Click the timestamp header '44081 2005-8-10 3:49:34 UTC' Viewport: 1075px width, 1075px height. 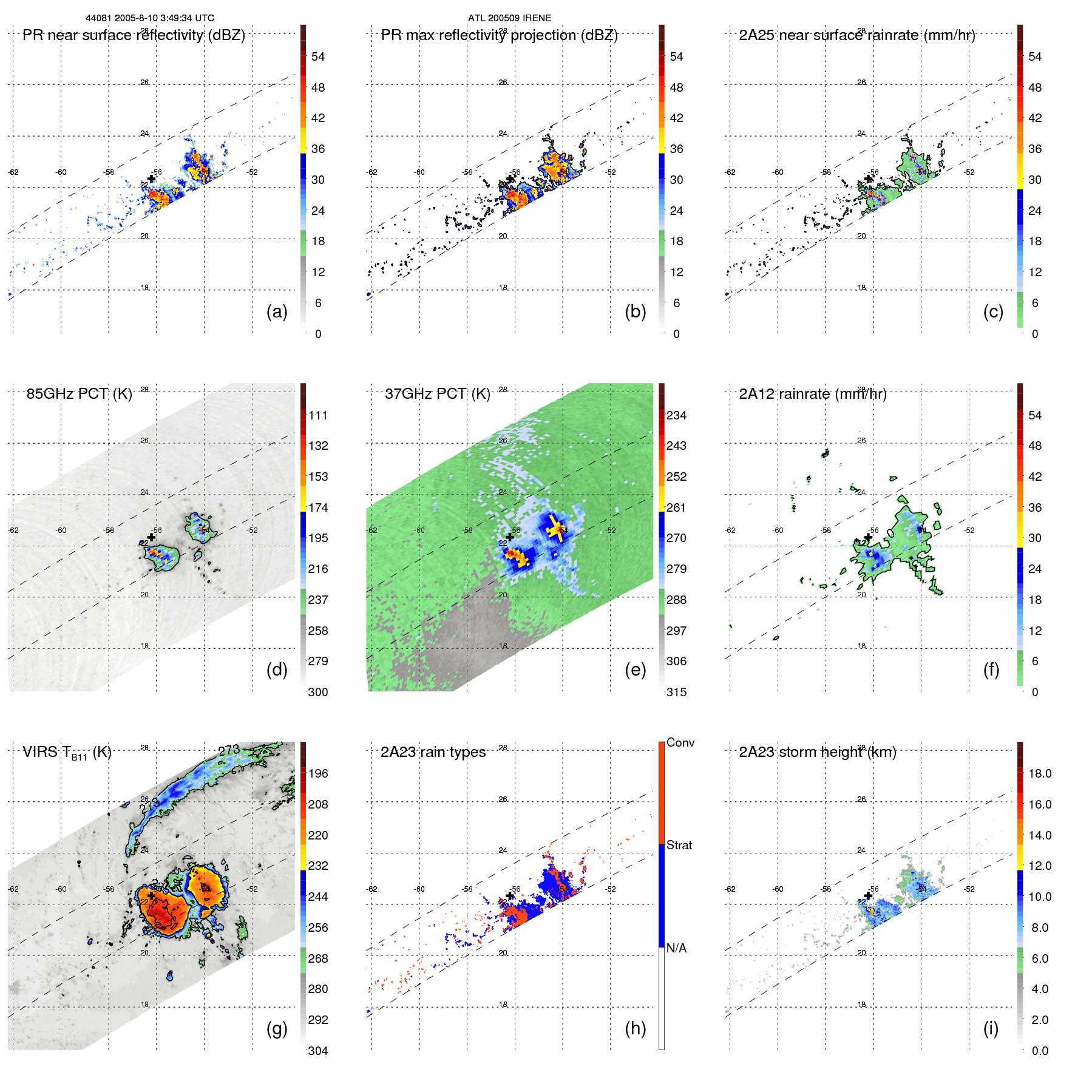[150, 18]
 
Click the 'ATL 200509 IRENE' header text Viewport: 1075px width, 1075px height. [509, 18]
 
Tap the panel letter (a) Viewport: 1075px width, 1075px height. [277, 311]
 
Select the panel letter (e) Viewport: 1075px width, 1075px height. [635, 670]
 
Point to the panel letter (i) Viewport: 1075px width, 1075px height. [991, 1028]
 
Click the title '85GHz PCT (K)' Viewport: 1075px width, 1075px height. [79, 394]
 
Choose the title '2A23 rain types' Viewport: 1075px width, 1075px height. [433, 752]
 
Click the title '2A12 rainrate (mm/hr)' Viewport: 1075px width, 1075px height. [812, 394]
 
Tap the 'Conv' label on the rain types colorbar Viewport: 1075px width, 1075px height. [680, 742]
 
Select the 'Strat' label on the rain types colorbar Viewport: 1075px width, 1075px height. [679, 845]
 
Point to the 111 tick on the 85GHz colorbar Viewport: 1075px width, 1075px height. [317, 415]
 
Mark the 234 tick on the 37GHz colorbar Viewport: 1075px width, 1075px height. [676, 415]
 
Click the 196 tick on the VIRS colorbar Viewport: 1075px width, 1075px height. [317, 773]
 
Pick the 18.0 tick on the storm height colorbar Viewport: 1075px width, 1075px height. [1039, 773]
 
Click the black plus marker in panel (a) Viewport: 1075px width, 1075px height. [151, 178]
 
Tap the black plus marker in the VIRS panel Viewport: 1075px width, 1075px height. [151, 895]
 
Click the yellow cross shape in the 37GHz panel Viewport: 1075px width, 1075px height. [554, 529]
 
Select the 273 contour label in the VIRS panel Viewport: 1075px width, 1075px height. [229, 750]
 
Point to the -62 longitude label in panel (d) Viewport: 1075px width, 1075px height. [13, 531]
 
